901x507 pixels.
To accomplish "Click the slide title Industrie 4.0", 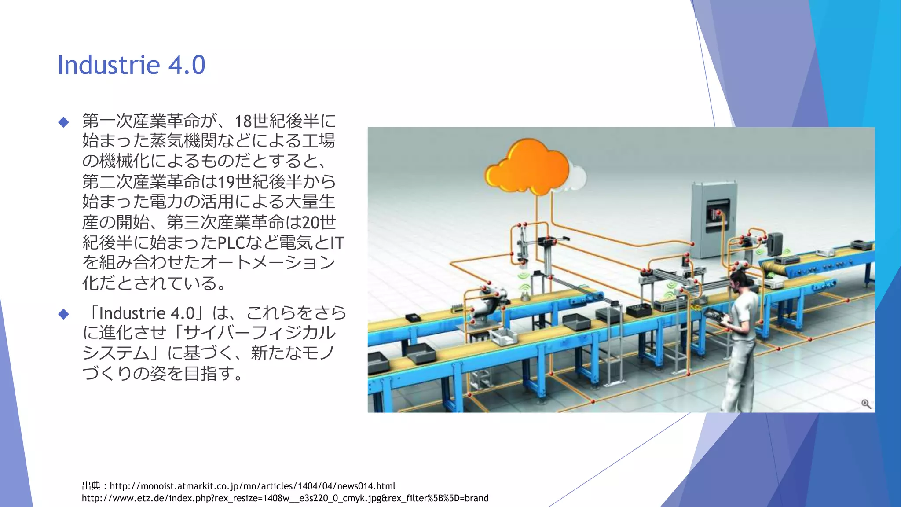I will (131, 65).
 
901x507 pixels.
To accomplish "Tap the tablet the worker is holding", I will (715, 316).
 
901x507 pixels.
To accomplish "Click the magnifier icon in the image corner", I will (866, 404).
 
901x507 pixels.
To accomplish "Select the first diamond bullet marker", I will (64, 122).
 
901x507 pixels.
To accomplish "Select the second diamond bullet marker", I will (64, 314).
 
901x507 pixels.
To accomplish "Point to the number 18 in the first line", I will (243, 121).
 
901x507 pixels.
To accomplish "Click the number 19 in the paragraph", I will (226, 182).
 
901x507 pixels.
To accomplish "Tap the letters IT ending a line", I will (337, 242).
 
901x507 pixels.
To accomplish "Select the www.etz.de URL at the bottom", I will (285, 498).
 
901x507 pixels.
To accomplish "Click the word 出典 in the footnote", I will (91, 486).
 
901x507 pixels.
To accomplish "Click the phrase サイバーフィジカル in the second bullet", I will (259, 333).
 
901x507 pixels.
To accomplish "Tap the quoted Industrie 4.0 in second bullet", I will (147, 313).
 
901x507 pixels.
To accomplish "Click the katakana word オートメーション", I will (268, 263).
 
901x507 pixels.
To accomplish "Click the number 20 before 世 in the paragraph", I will (311, 222).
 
